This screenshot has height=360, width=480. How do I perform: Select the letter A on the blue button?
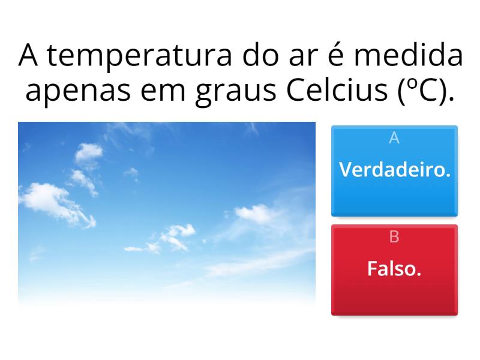[x=394, y=138]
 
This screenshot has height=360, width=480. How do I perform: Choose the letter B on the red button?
[x=394, y=237]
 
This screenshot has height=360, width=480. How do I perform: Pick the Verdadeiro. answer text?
[x=394, y=170]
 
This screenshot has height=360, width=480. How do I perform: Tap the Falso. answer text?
[x=394, y=269]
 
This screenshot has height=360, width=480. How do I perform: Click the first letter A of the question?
[x=29, y=57]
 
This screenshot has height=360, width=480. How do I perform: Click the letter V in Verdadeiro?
[x=345, y=170]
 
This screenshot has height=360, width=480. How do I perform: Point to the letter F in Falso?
[x=371, y=269]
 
